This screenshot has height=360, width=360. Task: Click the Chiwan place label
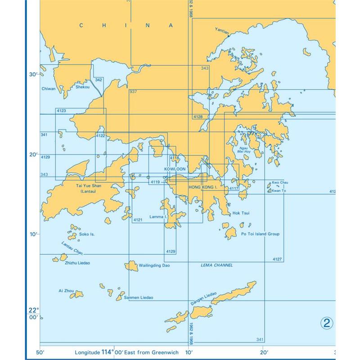click(48, 89)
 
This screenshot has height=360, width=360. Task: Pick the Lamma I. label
click(159, 217)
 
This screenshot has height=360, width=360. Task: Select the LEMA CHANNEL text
click(216, 265)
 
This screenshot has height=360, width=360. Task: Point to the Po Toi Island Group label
click(261, 234)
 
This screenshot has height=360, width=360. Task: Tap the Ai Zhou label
click(66, 291)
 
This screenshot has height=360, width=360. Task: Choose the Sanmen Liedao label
click(140, 297)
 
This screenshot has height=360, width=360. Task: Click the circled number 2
click(327, 323)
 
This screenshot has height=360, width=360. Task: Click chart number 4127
click(277, 259)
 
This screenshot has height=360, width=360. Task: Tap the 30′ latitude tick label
click(33, 75)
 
